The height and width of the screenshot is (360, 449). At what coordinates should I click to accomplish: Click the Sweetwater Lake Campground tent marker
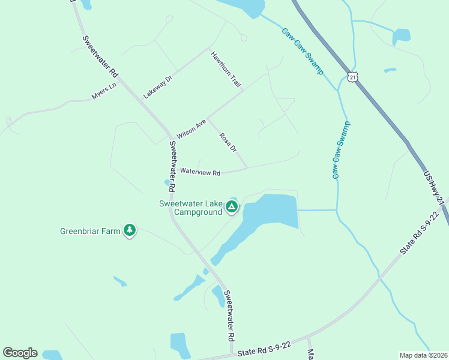[x=232, y=208]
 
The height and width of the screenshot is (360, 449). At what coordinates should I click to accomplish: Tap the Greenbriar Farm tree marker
[x=129, y=230]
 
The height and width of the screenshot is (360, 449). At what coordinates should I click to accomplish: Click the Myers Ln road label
[x=103, y=91]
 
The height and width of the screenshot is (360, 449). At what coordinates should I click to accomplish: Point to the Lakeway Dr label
[x=158, y=87]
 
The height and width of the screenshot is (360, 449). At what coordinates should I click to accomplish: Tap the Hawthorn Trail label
[x=226, y=70]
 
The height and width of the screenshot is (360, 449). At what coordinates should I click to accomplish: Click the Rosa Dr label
[x=228, y=142]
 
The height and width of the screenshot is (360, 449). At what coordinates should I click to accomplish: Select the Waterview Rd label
[x=200, y=172]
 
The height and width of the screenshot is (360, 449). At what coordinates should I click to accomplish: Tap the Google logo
[x=20, y=353]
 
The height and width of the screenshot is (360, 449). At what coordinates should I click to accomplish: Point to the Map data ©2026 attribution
[x=423, y=355]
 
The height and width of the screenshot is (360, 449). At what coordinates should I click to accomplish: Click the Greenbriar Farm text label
[x=90, y=230]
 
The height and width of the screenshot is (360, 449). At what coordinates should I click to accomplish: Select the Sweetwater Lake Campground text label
[x=191, y=207]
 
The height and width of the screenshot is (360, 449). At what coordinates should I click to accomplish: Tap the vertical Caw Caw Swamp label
[x=340, y=150]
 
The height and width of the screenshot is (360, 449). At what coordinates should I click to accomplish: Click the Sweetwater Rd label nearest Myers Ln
[x=100, y=56]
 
